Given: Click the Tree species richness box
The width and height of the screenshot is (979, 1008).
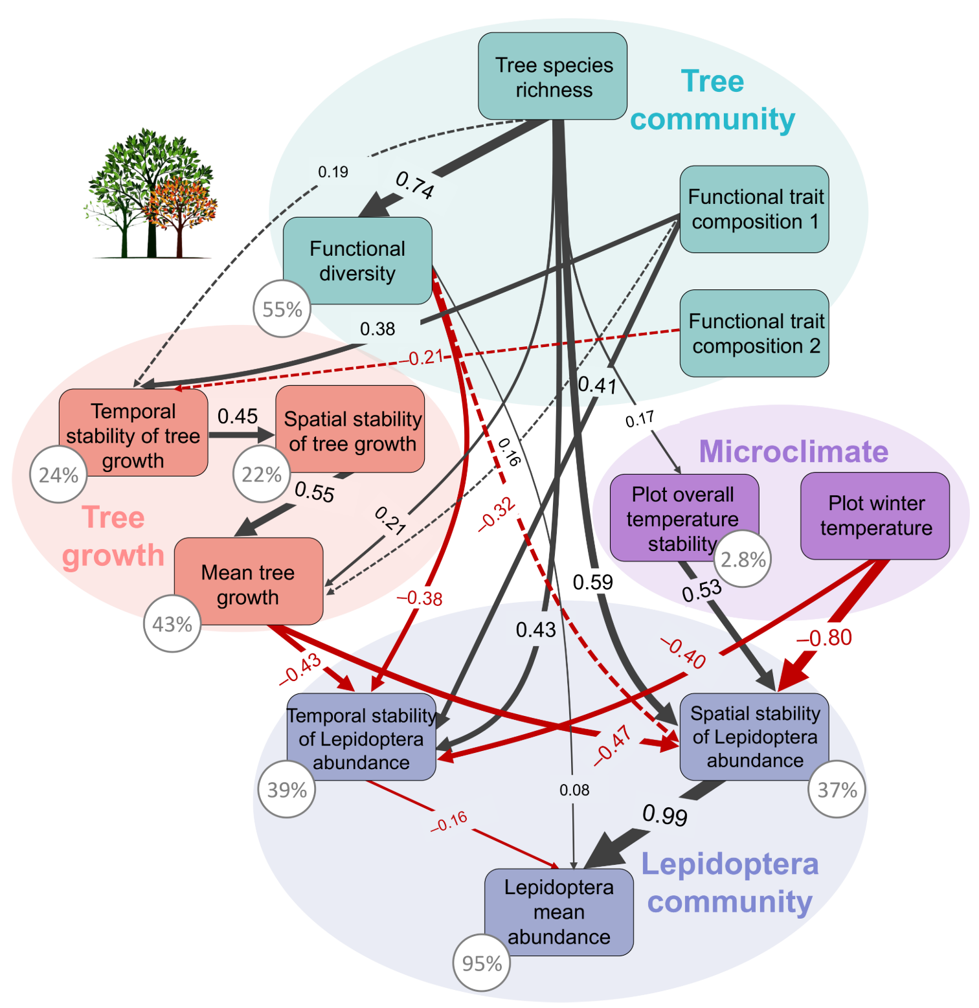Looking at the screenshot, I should click(x=552, y=76).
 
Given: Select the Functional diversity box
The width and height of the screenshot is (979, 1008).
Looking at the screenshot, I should click(x=357, y=260).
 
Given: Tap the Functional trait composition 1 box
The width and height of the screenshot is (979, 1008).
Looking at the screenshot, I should click(x=754, y=209).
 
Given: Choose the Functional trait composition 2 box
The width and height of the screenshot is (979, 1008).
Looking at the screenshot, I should click(x=754, y=333).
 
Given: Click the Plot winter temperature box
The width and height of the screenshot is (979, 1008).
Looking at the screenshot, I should click(x=875, y=515).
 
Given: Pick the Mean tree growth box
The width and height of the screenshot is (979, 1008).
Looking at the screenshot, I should click(x=248, y=581).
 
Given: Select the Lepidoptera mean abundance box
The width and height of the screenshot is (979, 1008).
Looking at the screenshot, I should click(x=559, y=912).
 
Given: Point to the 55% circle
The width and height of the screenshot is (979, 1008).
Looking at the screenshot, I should click(x=282, y=309).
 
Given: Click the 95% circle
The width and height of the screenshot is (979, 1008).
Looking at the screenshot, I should click(x=482, y=963).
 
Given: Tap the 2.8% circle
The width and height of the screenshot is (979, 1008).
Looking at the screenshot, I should click(x=743, y=559).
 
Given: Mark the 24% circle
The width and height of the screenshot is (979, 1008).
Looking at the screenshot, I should click(x=58, y=475).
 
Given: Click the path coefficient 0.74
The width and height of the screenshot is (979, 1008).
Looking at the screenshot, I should click(x=414, y=185).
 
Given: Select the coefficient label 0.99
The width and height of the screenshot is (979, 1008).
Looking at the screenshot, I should click(x=665, y=815).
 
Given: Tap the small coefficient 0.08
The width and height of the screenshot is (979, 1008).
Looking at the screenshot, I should click(x=574, y=790).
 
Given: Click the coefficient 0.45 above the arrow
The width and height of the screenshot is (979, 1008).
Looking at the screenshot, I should click(x=238, y=416).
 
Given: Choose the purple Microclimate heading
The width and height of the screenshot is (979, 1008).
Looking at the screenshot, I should click(x=793, y=451).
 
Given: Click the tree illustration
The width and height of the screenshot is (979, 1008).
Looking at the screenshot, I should click(x=150, y=194).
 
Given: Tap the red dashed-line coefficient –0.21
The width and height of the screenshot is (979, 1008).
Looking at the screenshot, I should click(x=425, y=357).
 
